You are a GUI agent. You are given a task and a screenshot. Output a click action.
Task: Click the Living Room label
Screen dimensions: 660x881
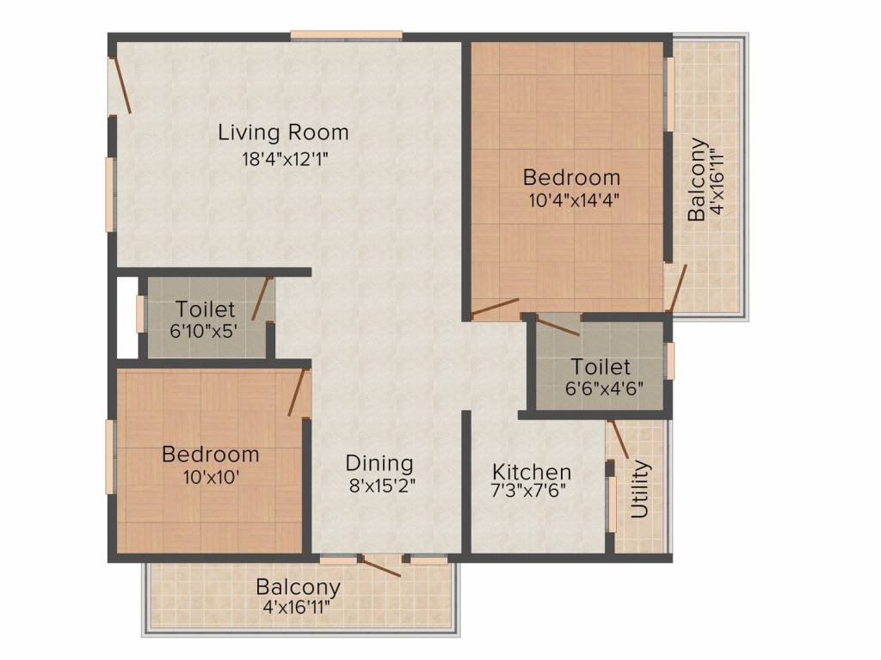click(283, 132)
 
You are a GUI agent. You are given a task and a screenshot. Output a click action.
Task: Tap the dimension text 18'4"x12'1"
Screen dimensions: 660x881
click(286, 158)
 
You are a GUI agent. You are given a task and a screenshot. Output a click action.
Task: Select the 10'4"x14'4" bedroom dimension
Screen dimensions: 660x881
click(572, 200)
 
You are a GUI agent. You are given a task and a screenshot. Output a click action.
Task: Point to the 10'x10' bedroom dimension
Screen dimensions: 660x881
click(211, 476)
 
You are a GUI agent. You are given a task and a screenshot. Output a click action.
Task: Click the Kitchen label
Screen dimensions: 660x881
click(531, 472)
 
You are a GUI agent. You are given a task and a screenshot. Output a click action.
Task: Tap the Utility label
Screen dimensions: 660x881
click(640, 489)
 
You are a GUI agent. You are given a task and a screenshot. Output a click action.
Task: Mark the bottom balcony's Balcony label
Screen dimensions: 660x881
click(299, 588)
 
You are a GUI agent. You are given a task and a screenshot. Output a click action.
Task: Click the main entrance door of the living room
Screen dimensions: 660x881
click(120, 85)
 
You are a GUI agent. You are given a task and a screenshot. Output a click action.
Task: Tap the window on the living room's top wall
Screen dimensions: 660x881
click(346, 35)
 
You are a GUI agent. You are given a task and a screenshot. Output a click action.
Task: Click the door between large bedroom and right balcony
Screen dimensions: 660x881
click(677, 288)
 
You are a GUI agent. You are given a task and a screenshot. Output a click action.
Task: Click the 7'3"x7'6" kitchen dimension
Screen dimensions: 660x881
click(529, 493)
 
